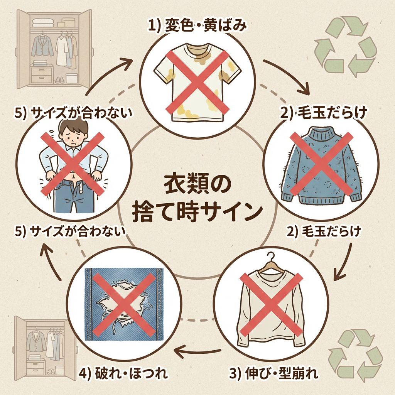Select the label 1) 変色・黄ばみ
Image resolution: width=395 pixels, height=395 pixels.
pyautogui.click(x=197, y=25)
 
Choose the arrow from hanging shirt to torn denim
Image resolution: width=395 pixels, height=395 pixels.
pyautogui.click(x=197, y=351)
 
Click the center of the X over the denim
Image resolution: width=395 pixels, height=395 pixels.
pyautogui.click(x=124, y=305)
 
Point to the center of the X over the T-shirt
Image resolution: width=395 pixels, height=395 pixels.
pyautogui.click(x=197, y=81)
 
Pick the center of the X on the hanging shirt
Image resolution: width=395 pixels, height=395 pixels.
pyautogui.click(x=271, y=305)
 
